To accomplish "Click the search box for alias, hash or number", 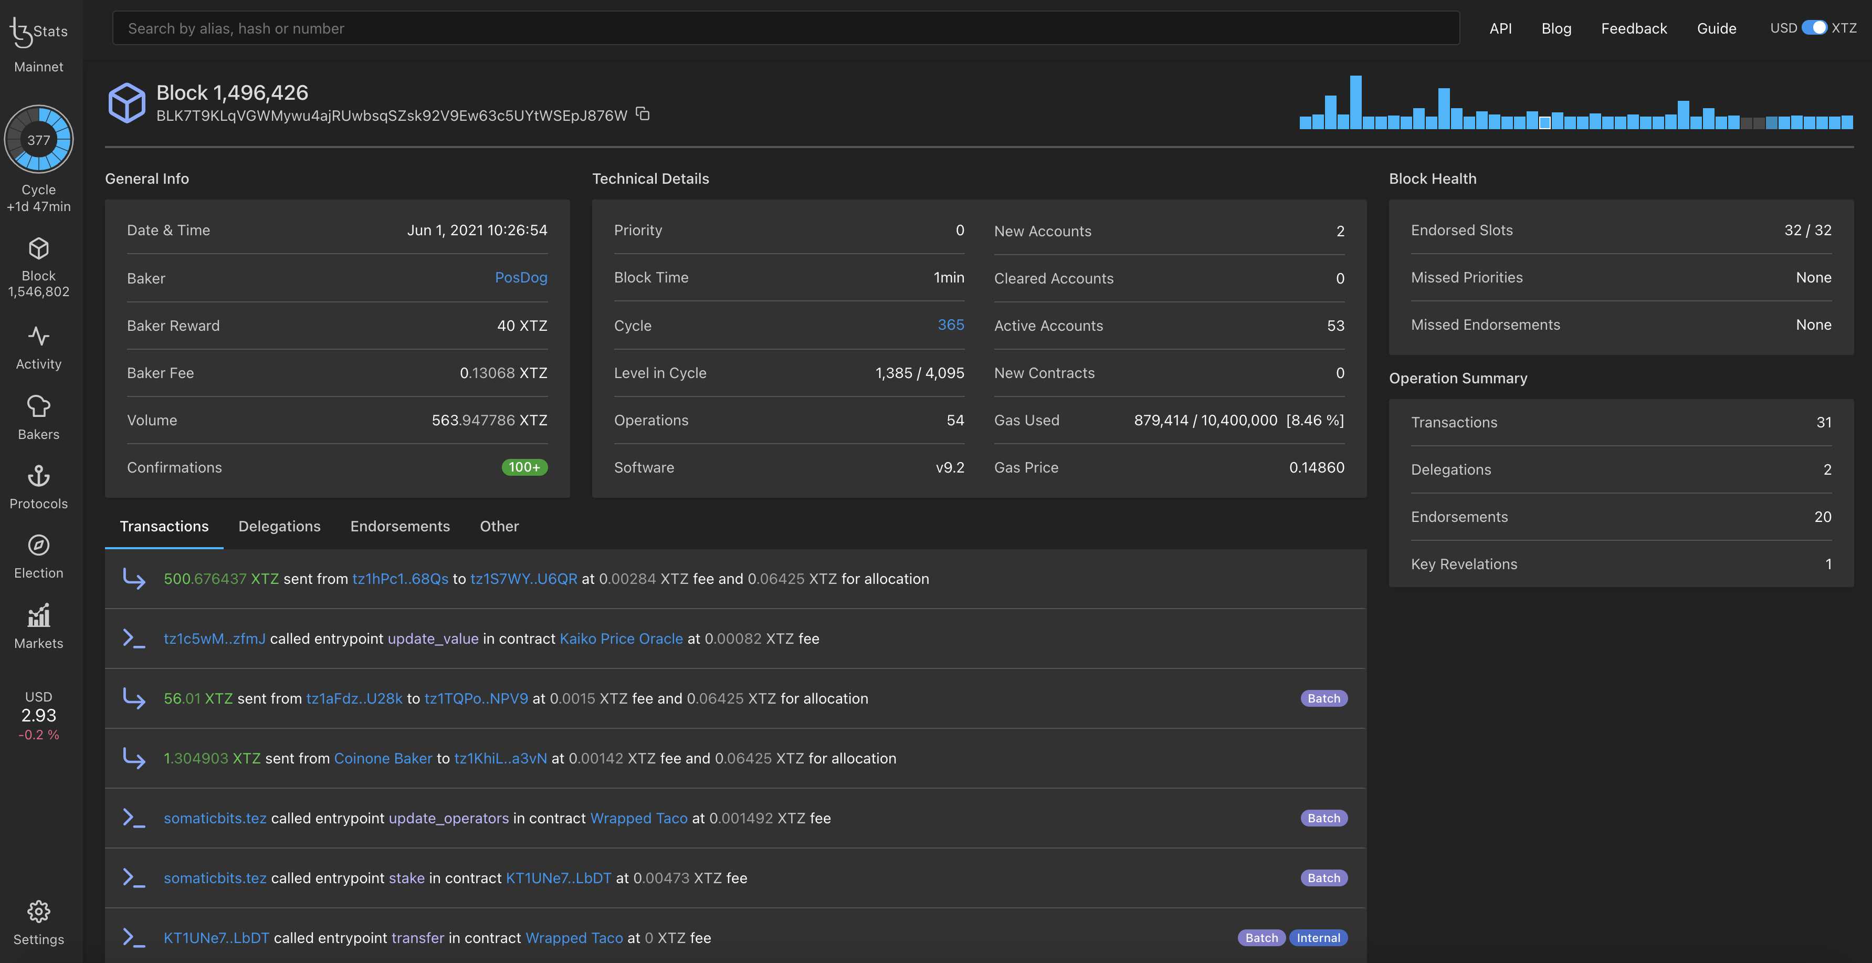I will click(x=785, y=28).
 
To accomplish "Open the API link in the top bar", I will click(x=1500, y=28).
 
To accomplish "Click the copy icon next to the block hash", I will click(x=643, y=114).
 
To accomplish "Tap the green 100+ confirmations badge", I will click(x=524, y=467).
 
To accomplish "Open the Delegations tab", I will click(x=279, y=526).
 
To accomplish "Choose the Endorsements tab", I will click(x=399, y=526).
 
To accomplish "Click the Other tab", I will click(x=499, y=526).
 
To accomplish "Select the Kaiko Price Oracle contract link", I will click(x=621, y=639).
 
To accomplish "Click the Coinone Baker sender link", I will click(x=383, y=758).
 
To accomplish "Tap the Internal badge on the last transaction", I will click(x=1318, y=938).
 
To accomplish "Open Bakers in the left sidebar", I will click(x=38, y=417).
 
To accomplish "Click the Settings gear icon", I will click(x=38, y=912).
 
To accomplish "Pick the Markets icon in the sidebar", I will click(x=38, y=617).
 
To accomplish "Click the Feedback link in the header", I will click(x=1634, y=28).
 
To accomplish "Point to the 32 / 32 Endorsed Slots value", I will click(x=1807, y=231).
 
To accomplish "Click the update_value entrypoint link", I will click(x=433, y=639).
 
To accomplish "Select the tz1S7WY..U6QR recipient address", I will click(x=523, y=579).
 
